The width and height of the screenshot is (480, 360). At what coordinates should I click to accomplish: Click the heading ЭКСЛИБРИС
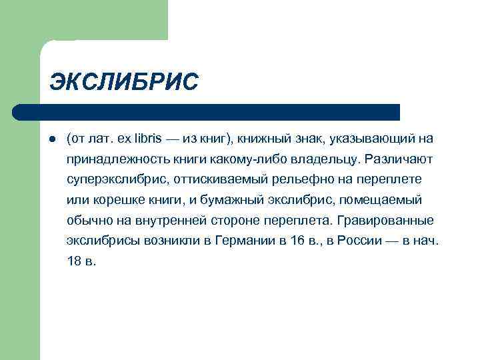point(124,82)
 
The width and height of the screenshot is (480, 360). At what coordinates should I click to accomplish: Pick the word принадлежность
point(111,159)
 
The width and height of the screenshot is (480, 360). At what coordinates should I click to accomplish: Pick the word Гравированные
point(387,220)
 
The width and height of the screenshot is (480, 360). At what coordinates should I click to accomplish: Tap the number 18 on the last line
point(74,261)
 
